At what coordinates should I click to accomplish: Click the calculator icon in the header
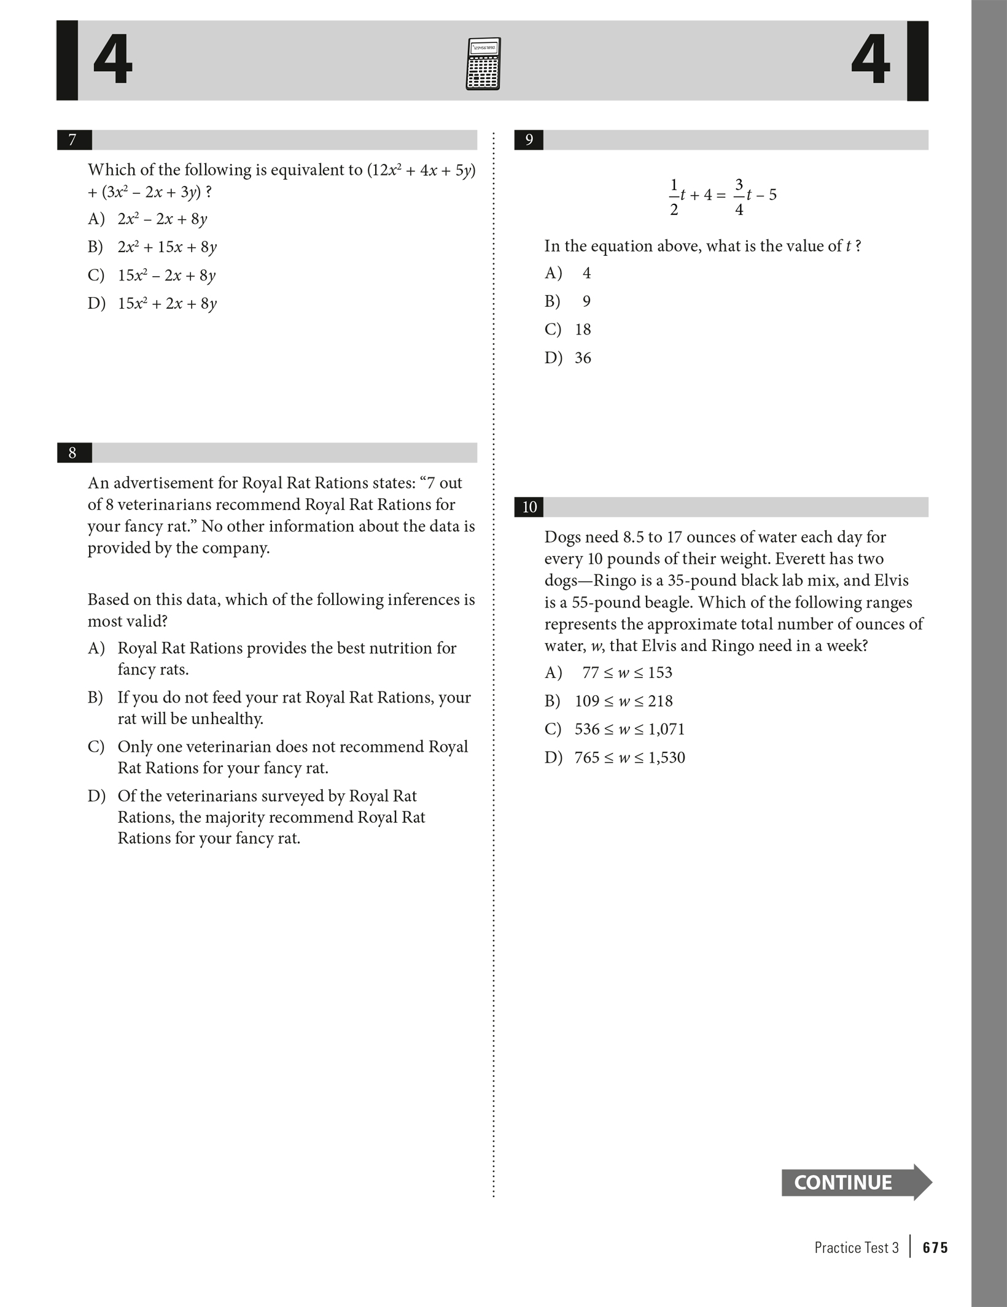pyautogui.click(x=483, y=64)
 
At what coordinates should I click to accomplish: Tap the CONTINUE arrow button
pyautogui.click(x=855, y=1182)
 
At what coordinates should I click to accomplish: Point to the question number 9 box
pyautogui.click(x=529, y=140)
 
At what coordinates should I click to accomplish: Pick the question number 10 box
pyautogui.click(x=529, y=507)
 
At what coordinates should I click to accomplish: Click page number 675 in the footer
pyautogui.click(x=935, y=1247)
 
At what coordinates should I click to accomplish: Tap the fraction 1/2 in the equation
pyautogui.click(x=674, y=196)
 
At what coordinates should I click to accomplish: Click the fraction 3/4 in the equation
pyautogui.click(x=739, y=196)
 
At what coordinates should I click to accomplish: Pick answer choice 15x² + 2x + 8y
pyautogui.click(x=167, y=304)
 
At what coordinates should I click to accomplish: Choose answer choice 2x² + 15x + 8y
pyautogui.click(x=167, y=247)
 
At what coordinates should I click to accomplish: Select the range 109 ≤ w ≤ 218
pyautogui.click(x=623, y=701)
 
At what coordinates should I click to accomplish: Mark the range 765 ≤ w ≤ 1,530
pyautogui.click(x=629, y=757)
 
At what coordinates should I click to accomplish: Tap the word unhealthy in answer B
pyautogui.click(x=227, y=719)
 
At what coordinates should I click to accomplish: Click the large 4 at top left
pyautogui.click(x=113, y=60)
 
